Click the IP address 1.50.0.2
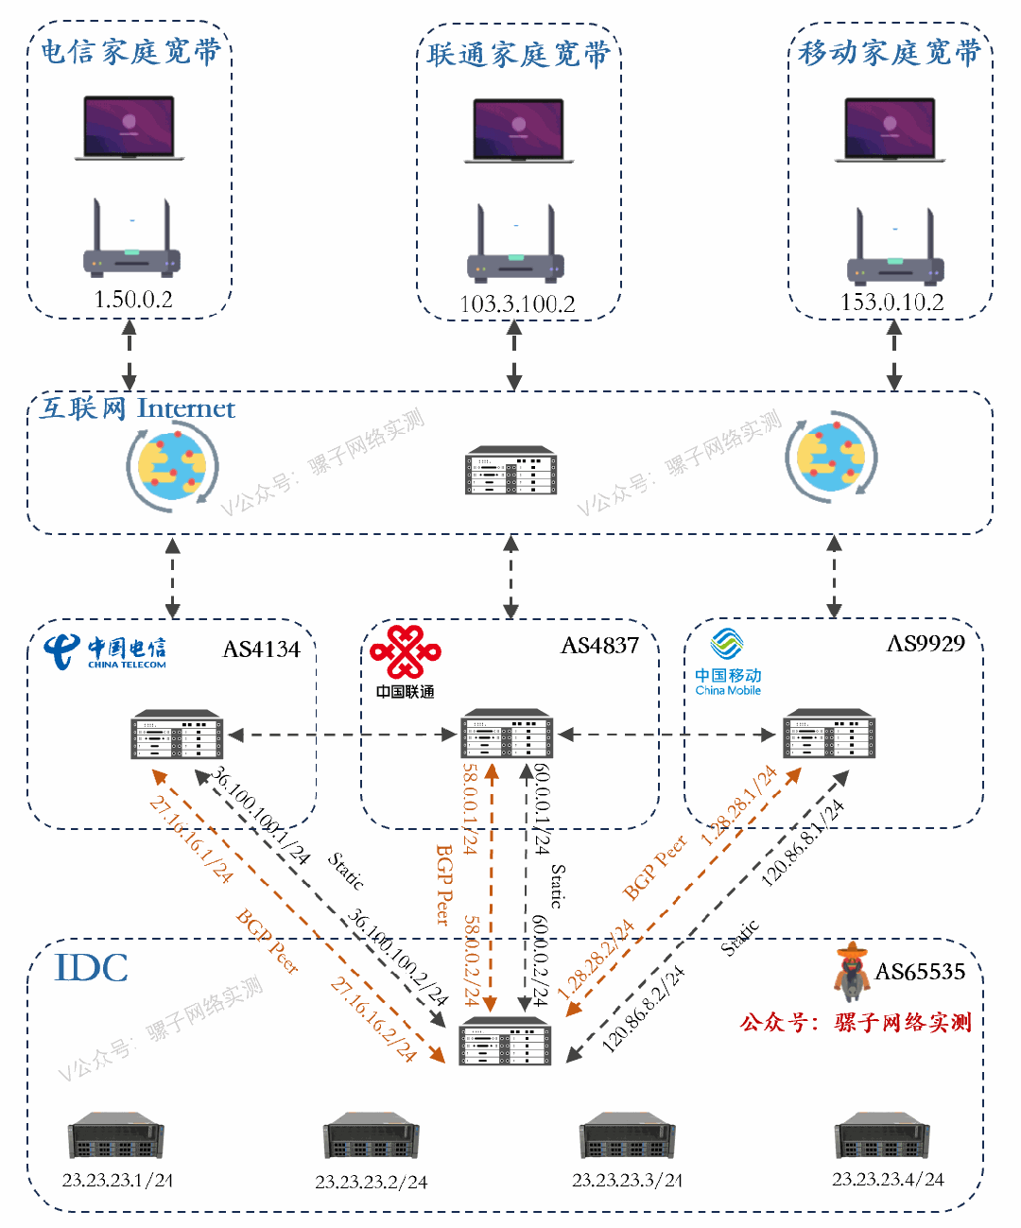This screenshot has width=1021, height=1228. [133, 300]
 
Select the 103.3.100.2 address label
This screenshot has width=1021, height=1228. [517, 304]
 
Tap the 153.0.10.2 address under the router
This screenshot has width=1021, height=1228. [892, 303]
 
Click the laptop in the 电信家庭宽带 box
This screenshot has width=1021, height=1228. [130, 128]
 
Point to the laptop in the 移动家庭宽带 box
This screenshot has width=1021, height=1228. [890, 130]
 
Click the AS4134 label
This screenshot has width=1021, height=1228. [262, 649]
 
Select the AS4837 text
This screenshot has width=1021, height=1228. [600, 646]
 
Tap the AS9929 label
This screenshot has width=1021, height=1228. [926, 644]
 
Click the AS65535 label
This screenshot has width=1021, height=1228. [920, 972]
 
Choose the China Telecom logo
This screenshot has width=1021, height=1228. [105, 651]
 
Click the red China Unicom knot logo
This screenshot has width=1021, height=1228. [406, 651]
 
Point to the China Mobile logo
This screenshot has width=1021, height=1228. [728, 663]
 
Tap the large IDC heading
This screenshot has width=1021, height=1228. [92, 968]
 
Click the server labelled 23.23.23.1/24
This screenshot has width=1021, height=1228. [116, 1135]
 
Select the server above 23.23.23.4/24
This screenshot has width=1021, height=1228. [882, 1135]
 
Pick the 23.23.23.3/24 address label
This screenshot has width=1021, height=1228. [627, 1181]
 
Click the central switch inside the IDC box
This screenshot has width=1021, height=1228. [505, 1043]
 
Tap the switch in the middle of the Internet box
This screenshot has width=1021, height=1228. [511, 471]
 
